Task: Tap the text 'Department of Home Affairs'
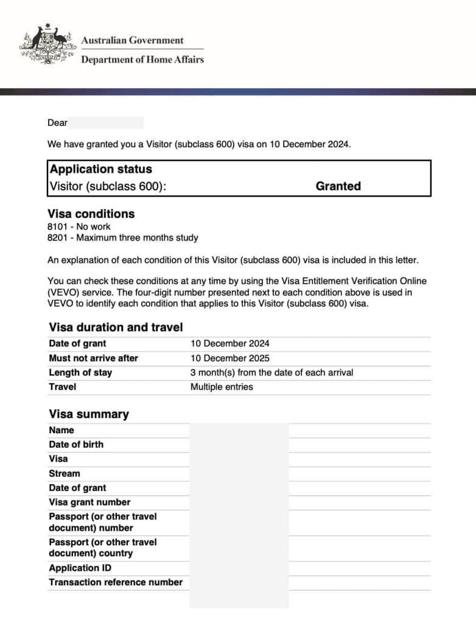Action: (142, 60)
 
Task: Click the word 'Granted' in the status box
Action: (338, 186)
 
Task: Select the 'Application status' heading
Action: (101, 169)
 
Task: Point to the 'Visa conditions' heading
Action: (91, 214)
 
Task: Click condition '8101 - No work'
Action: (79, 227)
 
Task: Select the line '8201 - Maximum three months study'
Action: (123, 238)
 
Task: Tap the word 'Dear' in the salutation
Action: (58, 123)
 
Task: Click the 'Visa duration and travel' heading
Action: (116, 327)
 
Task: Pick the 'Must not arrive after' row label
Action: (93, 358)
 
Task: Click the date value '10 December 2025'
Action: (229, 358)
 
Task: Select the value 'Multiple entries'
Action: (222, 387)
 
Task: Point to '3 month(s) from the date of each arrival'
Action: (271, 372)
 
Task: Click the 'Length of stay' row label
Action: (80, 372)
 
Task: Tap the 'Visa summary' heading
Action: (89, 414)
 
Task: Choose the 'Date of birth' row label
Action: (76, 444)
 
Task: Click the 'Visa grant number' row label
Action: (89, 502)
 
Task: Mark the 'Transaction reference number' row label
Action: (116, 582)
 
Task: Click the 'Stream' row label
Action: (65, 473)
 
